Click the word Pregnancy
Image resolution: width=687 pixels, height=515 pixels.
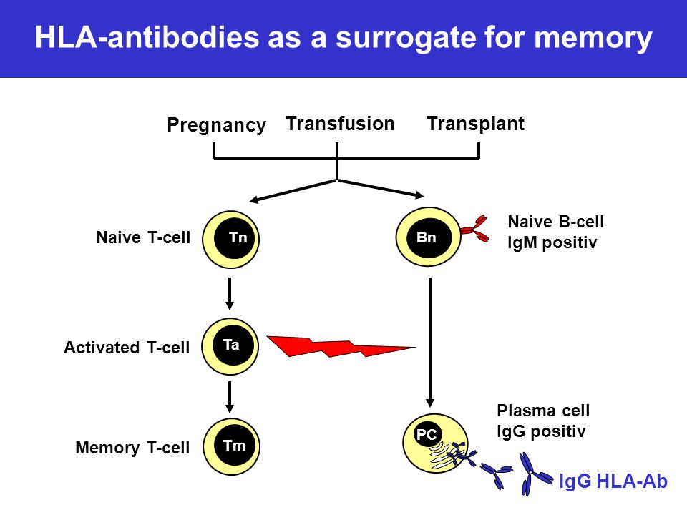216,125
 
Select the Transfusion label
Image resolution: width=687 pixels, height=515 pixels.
340,124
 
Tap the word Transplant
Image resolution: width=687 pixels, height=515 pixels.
475,124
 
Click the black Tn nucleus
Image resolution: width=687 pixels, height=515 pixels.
235,238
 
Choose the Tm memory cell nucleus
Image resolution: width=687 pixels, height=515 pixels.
234,446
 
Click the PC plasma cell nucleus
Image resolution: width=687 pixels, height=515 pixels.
428,434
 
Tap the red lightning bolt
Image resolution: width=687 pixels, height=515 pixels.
341,346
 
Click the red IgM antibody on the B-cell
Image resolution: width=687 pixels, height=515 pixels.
476,229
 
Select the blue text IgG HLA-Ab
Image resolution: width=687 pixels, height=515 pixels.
613,481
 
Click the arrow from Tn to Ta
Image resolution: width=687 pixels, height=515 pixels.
230,293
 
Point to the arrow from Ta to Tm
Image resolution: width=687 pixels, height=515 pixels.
230,397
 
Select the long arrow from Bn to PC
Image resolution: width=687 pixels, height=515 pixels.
430,342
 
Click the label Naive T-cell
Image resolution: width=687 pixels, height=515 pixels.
143,237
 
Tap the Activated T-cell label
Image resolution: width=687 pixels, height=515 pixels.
127,348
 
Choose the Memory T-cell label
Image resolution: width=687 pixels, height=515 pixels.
132,448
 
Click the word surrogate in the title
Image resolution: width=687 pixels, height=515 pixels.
406,38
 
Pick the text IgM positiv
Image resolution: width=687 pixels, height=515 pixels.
552,242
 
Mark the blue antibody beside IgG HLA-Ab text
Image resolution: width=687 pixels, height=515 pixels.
534,474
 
